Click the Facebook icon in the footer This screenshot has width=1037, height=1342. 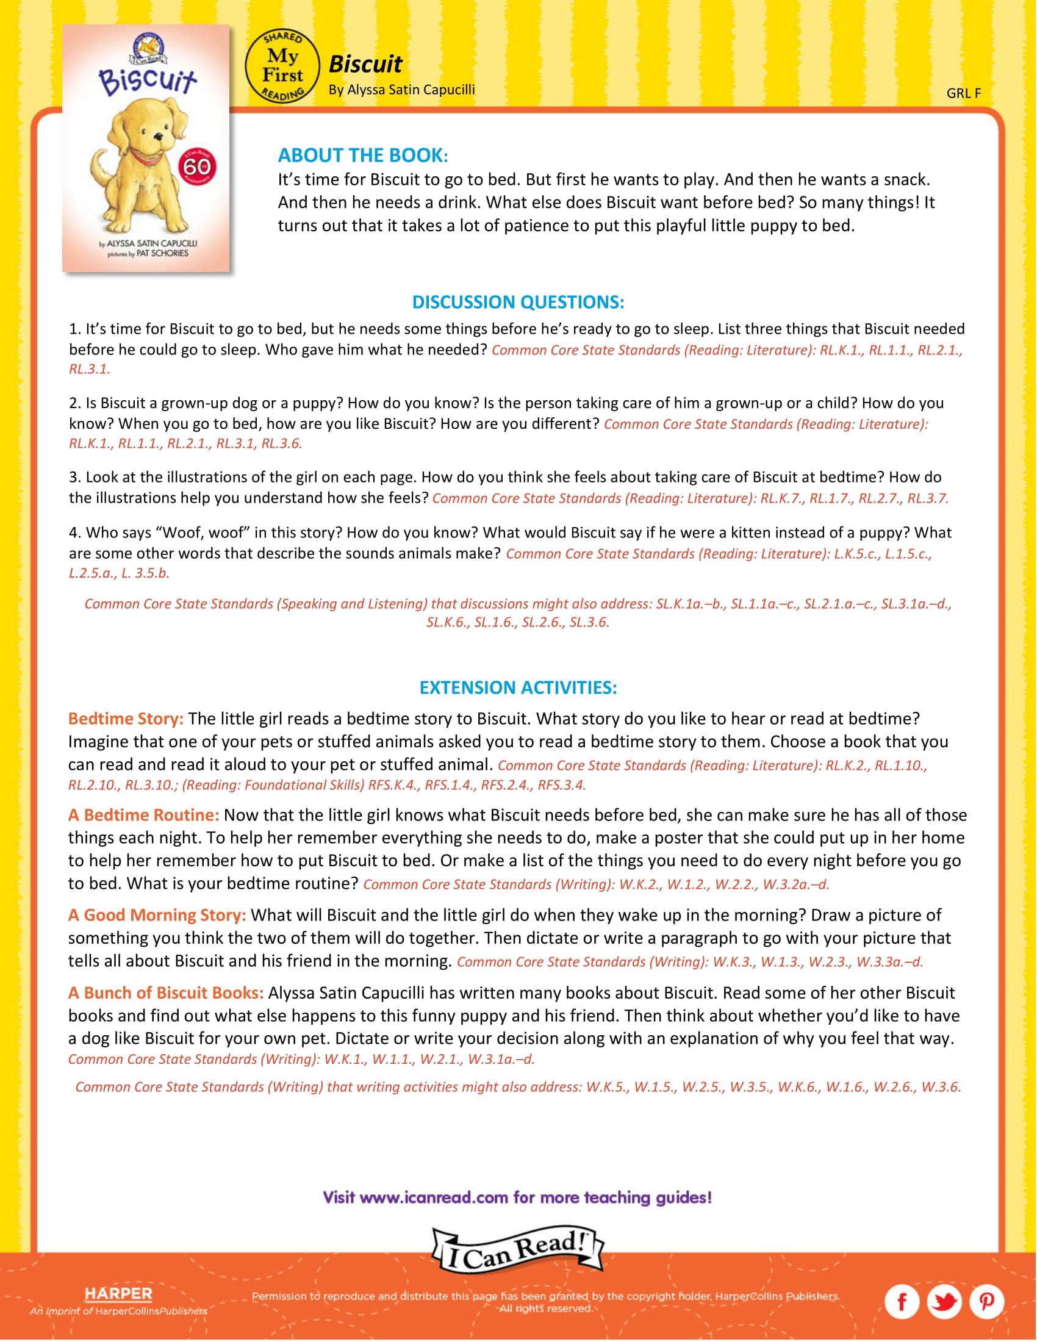[x=901, y=1301]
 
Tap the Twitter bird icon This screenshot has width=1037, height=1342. [x=944, y=1301]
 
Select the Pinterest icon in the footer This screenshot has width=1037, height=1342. [x=986, y=1301]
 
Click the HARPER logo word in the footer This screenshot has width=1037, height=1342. [x=118, y=1293]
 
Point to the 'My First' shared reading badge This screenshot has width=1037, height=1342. [x=282, y=66]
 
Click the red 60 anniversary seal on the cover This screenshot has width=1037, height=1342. [x=197, y=167]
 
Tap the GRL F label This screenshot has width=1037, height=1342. [x=963, y=93]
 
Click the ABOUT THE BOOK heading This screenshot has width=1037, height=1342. [x=362, y=156]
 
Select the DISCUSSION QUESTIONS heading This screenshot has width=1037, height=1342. [x=518, y=303]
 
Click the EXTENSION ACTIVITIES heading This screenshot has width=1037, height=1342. [x=518, y=687]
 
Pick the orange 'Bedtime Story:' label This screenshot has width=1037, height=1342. [x=126, y=719]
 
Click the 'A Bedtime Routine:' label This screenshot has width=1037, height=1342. [x=144, y=815]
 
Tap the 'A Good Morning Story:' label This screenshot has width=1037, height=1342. [x=157, y=915]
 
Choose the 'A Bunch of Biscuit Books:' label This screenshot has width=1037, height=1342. [x=166, y=993]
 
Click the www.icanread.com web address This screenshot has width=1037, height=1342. [x=434, y=1197]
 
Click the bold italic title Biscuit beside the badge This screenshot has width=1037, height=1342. [x=365, y=64]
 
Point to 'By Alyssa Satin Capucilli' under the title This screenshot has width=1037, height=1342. [x=402, y=90]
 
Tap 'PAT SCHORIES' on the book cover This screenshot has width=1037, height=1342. [x=162, y=253]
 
